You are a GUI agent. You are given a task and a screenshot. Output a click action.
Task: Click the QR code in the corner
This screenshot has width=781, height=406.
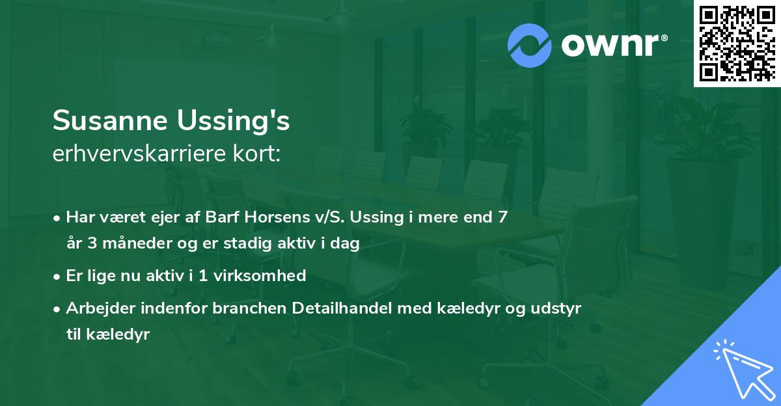[x=737, y=43]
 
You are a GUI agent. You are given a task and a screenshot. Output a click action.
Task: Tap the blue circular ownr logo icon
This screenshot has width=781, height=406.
[x=530, y=46]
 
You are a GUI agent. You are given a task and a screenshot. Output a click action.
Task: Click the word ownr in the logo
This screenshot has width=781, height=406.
[x=610, y=46]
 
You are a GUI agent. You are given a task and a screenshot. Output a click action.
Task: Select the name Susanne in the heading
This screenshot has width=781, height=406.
[x=110, y=120]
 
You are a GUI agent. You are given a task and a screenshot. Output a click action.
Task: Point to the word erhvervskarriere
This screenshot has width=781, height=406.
[x=139, y=154]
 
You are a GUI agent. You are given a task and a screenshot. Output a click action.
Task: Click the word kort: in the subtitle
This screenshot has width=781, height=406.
[x=256, y=154]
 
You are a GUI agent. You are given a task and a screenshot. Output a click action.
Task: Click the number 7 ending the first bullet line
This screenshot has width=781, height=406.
[x=502, y=217]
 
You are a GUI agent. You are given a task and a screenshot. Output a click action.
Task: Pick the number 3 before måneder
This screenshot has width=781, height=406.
[x=92, y=243]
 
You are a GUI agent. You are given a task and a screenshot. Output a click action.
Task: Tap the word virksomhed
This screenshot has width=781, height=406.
[x=260, y=275]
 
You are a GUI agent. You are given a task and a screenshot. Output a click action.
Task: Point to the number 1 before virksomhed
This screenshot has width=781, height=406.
[x=203, y=276]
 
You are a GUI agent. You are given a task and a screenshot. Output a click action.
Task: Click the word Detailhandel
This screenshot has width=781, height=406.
[x=342, y=308]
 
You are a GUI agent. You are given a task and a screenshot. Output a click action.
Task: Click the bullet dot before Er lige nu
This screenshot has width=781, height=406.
[x=57, y=277]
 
